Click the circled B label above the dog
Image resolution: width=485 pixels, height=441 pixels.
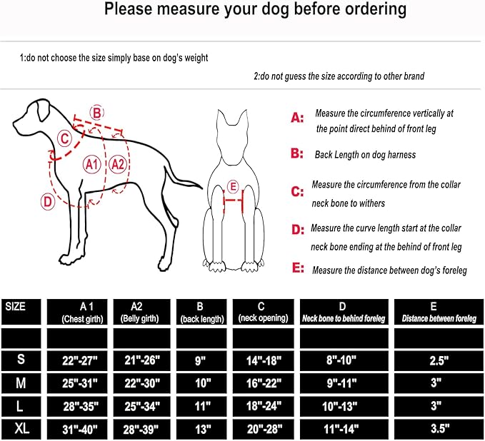[x=96, y=112]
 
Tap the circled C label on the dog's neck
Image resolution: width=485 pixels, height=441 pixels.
[x=64, y=138]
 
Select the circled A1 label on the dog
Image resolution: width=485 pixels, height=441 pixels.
[x=91, y=164]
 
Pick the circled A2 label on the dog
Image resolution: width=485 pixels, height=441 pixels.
[x=118, y=164]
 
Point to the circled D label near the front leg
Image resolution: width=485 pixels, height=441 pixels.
[x=47, y=201]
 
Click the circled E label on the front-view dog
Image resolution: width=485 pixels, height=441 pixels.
[x=231, y=187]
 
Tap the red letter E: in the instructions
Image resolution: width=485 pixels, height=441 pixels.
[x=297, y=270]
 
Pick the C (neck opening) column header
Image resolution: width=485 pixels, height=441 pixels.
[x=262, y=312]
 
